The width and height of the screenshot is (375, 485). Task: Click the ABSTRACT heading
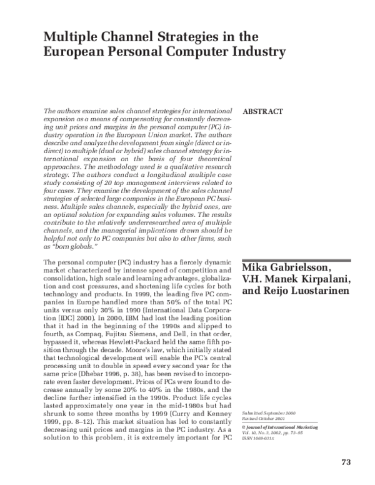[x=262, y=112]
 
